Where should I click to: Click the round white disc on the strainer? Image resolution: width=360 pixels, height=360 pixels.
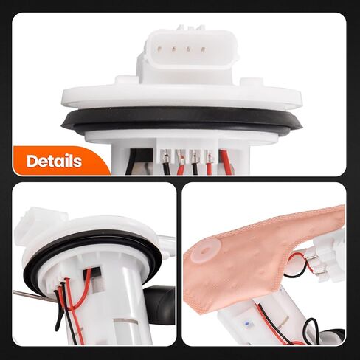click(x=201, y=255)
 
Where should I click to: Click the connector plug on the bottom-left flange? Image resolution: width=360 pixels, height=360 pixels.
click(x=33, y=221)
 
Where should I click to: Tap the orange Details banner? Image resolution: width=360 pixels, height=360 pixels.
click(x=59, y=161)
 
